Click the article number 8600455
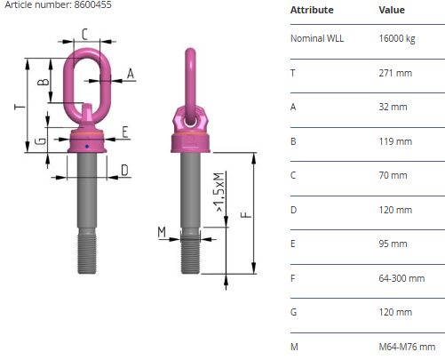(x=92, y=4)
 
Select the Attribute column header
(x=312, y=10)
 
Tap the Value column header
(x=392, y=10)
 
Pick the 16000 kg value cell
(x=397, y=39)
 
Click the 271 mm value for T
(x=395, y=73)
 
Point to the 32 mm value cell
(x=393, y=107)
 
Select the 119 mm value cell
(x=395, y=141)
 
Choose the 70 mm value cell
(x=393, y=175)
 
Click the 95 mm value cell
(x=393, y=244)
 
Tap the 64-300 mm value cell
(x=401, y=278)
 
